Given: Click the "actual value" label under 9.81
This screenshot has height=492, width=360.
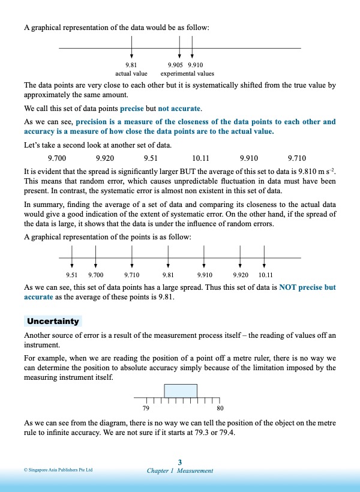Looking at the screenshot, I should point(131,74).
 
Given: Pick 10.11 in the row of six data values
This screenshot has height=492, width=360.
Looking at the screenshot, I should point(200,158).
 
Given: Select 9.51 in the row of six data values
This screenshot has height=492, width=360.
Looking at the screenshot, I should point(151,158).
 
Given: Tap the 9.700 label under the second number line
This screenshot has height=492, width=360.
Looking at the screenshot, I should point(96,274).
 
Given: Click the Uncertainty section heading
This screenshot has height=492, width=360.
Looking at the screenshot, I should point(53,322).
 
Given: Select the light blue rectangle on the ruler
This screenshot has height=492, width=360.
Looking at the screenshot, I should point(181,391).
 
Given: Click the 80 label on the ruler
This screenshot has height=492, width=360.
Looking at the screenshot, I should point(220,409).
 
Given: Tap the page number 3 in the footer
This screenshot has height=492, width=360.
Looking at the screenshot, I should point(180,461).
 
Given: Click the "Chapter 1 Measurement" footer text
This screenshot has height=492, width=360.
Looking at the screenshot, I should point(180,471).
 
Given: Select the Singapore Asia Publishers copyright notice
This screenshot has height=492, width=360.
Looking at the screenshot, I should point(58,470).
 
